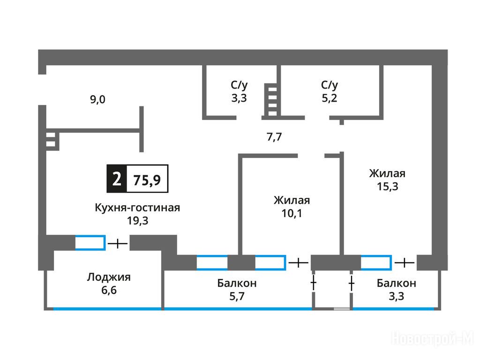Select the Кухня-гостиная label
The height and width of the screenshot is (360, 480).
coord(137,208)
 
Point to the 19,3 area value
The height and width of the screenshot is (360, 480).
coord(137,221)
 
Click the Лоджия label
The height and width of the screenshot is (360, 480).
coord(109,277)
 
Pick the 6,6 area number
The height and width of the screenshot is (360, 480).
coord(108,290)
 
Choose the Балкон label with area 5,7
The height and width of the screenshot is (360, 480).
coord(237,283)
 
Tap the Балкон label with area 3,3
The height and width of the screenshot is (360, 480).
coord(396,283)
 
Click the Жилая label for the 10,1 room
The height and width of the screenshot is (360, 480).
coord(292,200)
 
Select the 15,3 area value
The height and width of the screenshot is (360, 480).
coord(387,186)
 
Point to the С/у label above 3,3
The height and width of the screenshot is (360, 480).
coord(239,85)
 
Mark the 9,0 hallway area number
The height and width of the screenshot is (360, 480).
coord(98,99)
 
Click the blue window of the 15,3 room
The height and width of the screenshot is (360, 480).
coord(376,262)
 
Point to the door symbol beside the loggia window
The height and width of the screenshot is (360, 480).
coord(118,244)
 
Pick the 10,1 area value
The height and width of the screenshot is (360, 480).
coord(292,214)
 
